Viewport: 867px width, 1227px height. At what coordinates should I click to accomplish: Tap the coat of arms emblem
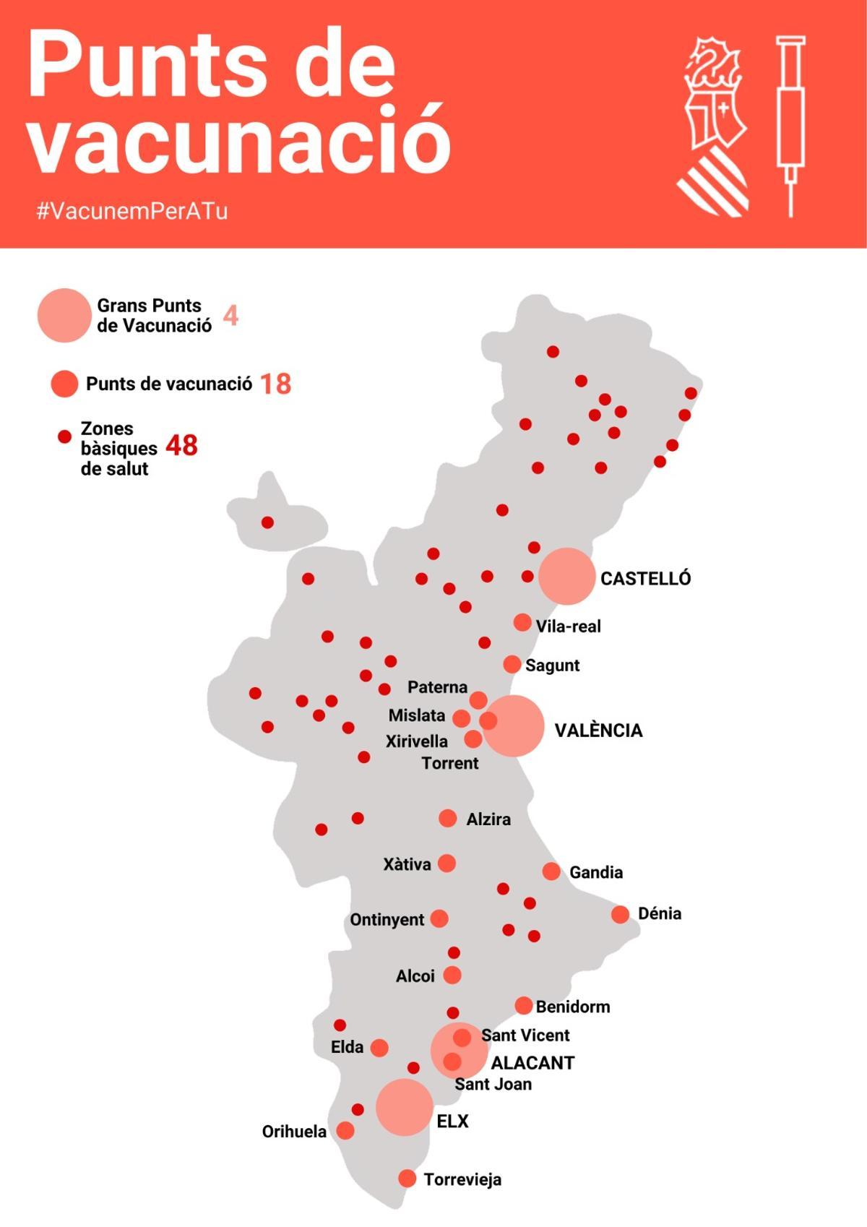pyautogui.click(x=714, y=127)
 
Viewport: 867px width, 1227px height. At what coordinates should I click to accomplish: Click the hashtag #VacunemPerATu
pyautogui.click(x=132, y=211)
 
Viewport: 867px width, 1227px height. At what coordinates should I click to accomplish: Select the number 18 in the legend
pyautogui.click(x=275, y=384)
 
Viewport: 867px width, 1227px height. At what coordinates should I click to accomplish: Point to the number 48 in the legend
pyautogui.click(x=181, y=446)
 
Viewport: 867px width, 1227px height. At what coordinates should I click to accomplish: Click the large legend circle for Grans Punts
pyautogui.click(x=64, y=315)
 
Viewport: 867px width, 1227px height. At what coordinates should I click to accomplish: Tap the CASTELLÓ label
pyautogui.click(x=645, y=578)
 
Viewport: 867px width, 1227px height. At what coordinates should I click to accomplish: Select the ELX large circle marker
pyautogui.click(x=404, y=1107)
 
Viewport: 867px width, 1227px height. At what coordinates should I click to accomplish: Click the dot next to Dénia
pyautogui.click(x=620, y=914)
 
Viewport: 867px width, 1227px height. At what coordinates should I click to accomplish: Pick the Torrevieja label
pyautogui.click(x=462, y=1179)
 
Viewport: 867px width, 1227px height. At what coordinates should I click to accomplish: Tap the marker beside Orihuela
pyautogui.click(x=345, y=1130)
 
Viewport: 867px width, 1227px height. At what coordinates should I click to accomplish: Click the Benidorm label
pyautogui.click(x=572, y=1007)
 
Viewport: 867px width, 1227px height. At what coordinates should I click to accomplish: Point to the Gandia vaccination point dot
pyautogui.click(x=551, y=871)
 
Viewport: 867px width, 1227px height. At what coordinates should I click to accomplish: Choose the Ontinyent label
pyautogui.click(x=387, y=920)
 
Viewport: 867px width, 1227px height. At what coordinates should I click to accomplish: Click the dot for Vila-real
pyautogui.click(x=522, y=622)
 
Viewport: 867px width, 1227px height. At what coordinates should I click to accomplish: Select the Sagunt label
pyautogui.click(x=552, y=666)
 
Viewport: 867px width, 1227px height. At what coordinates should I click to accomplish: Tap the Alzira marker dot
pyautogui.click(x=448, y=818)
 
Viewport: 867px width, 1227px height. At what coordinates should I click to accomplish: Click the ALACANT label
pyautogui.click(x=532, y=1063)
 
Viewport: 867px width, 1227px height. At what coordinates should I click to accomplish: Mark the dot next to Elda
pyautogui.click(x=379, y=1048)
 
